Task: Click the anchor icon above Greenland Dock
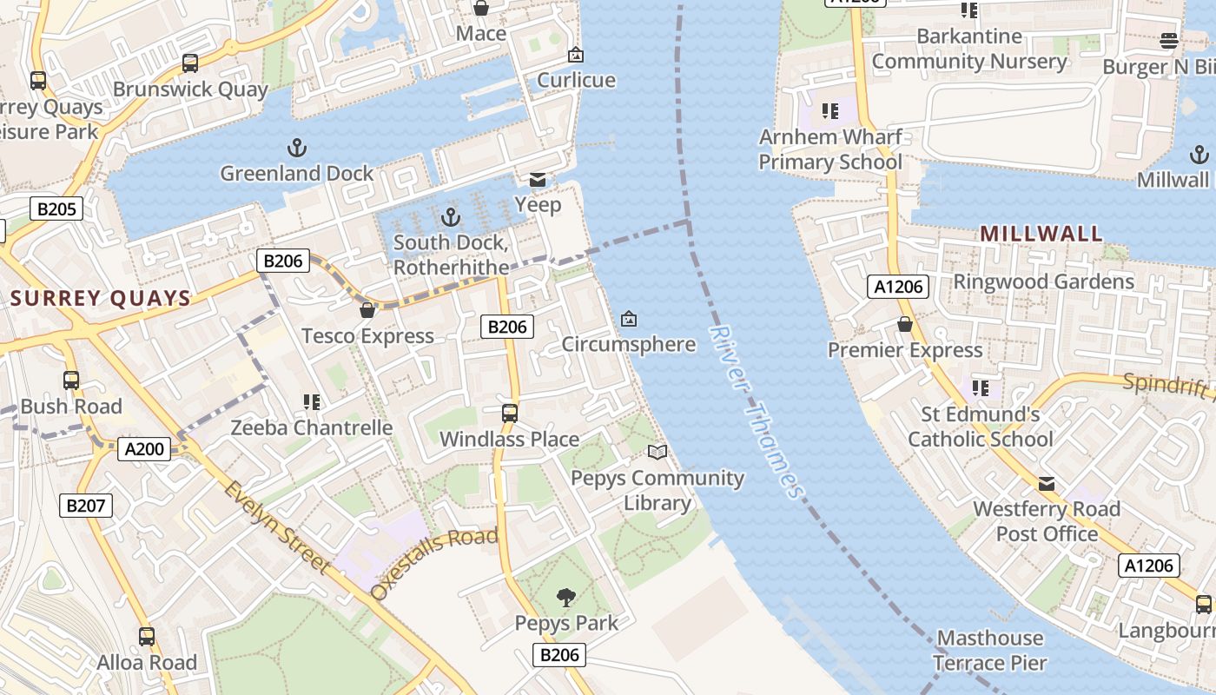click(297, 148)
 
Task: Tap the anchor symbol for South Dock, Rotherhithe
click(450, 216)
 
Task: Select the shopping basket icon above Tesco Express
click(367, 310)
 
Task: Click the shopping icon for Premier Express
click(904, 324)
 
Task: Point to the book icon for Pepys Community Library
click(658, 452)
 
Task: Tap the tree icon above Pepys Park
click(566, 597)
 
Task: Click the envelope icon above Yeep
click(538, 180)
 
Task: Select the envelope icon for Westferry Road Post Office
click(1047, 483)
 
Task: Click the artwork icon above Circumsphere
click(629, 319)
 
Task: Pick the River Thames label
click(756, 413)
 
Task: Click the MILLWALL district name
click(1041, 234)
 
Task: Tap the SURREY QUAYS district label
click(101, 299)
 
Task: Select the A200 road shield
click(144, 449)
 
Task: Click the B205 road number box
click(56, 208)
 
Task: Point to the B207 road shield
click(85, 506)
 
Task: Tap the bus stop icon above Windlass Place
click(510, 414)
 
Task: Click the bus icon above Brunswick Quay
click(190, 63)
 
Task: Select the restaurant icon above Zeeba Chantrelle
click(312, 401)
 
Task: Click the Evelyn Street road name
click(276, 526)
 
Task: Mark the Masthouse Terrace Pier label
click(990, 651)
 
